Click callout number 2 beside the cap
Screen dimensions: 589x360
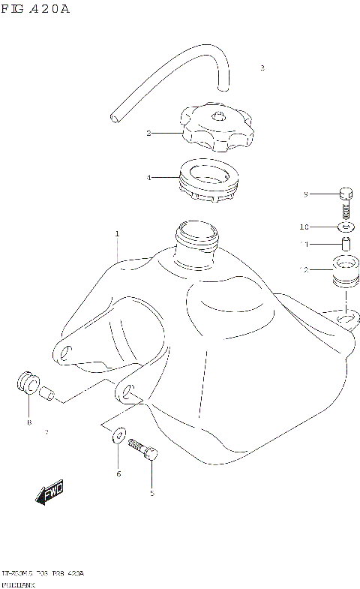point(148,133)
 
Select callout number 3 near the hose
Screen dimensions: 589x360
point(262,68)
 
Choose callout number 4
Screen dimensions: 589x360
point(148,178)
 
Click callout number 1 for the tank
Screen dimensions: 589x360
point(118,234)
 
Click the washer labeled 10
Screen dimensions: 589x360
point(346,226)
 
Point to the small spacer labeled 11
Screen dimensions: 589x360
point(346,244)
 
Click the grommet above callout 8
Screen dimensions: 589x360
point(28,383)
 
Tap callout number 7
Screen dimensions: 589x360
point(46,432)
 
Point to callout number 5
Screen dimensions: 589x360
point(151,493)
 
